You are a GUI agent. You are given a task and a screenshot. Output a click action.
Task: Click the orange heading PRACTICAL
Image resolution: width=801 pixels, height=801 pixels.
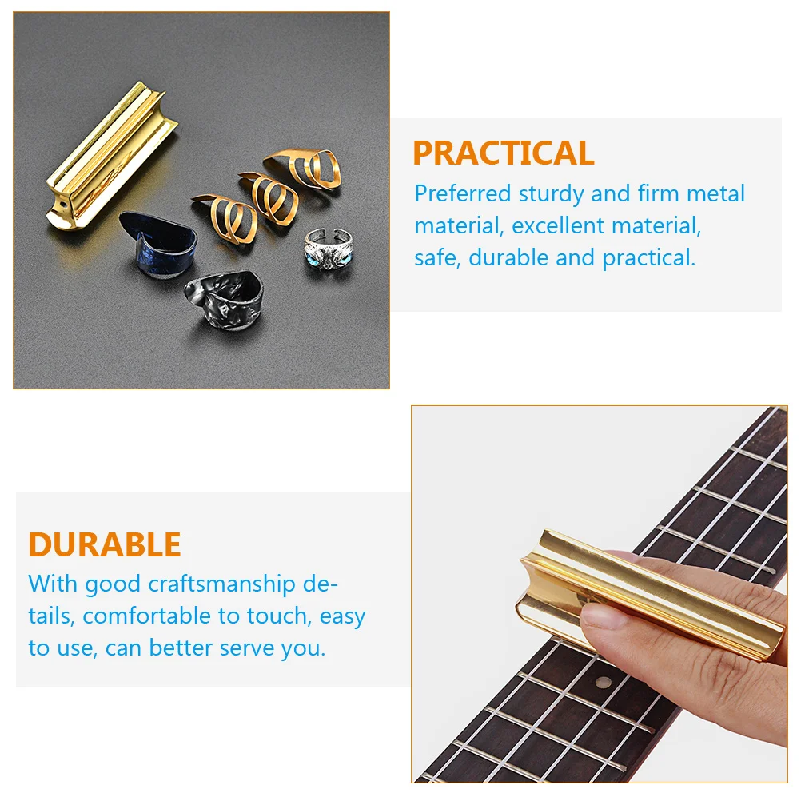click(503, 153)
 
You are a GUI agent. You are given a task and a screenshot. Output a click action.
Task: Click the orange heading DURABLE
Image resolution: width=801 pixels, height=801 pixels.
click(105, 544)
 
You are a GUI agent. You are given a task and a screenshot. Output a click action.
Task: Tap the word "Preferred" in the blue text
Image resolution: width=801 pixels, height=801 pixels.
click(462, 194)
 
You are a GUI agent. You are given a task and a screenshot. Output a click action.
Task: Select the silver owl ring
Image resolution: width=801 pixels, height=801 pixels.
click(328, 249)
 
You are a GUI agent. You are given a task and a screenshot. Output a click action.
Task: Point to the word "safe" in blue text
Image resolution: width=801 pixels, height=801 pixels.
click(436, 258)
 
